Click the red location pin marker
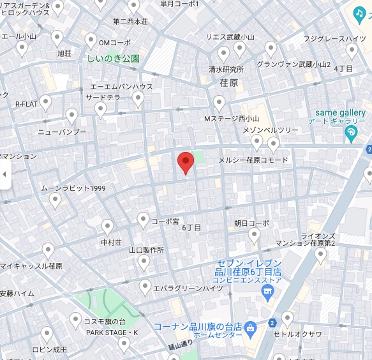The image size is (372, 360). [x=185, y=162]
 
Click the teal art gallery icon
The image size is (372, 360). [x=350, y=132]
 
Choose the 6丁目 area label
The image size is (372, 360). [x=191, y=227]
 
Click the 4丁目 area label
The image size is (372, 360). [x=343, y=68]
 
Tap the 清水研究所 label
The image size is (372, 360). [x=226, y=70]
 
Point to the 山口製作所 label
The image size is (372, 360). [x=146, y=250]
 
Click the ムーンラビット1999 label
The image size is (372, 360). [x=73, y=188]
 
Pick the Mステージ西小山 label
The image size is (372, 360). [x=231, y=119]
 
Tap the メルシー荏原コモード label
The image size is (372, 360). [x=253, y=160]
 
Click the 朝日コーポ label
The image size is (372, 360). [x=251, y=223]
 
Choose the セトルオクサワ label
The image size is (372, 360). [x=297, y=334]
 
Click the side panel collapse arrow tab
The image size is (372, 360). [x=5, y=174]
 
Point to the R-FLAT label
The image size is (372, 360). [x=27, y=103]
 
